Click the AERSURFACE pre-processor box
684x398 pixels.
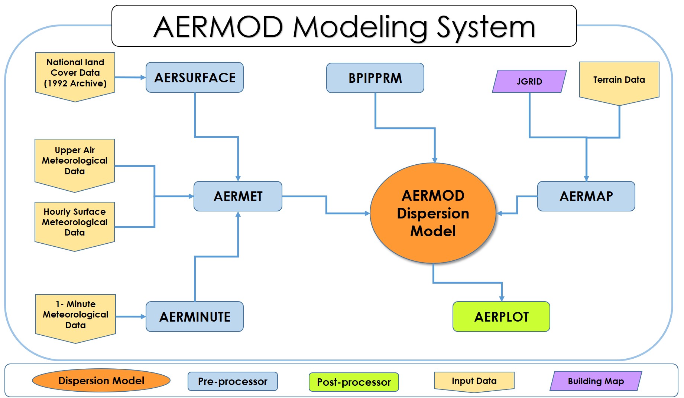(x=194, y=78)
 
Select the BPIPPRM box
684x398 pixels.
(x=375, y=78)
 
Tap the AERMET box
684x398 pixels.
(x=238, y=196)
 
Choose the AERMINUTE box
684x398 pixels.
(x=194, y=317)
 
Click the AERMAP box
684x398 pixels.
(x=586, y=196)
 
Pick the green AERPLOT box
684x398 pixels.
(x=501, y=317)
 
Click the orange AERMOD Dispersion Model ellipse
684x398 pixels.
(x=433, y=213)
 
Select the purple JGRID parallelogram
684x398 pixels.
(x=529, y=81)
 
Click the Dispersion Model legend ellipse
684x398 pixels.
(x=101, y=381)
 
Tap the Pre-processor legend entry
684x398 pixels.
(x=233, y=381)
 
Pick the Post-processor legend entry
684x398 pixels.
(x=354, y=382)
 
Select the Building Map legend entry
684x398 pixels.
(x=596, y=381)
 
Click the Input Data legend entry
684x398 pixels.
(x=474, y=381)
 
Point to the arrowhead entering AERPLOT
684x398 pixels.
(x=502, y=299)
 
